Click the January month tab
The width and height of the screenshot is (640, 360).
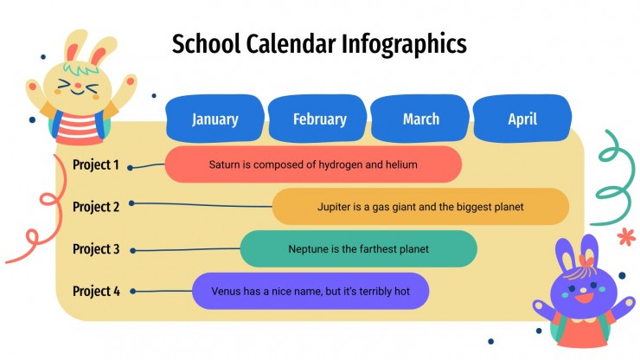coord(215,119)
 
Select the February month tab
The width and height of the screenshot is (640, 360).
coord(319,119)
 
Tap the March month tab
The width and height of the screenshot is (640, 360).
coord(421,119)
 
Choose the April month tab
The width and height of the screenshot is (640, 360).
coord(522,119)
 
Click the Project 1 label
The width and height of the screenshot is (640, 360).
coord(96,164)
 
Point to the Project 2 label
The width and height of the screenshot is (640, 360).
coord(96,207)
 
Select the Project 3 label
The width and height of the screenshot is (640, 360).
coord(96,249)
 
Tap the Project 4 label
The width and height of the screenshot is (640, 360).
coord(96,292)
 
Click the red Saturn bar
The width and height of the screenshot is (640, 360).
coord(313,164)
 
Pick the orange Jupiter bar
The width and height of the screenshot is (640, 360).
coord(420,207)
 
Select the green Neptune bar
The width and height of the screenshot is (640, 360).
coord(358,249)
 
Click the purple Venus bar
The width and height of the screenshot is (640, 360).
coord(310,292)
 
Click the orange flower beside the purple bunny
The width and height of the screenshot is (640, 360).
coord(625,237)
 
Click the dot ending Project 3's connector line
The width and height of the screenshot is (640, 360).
coord(132,251)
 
